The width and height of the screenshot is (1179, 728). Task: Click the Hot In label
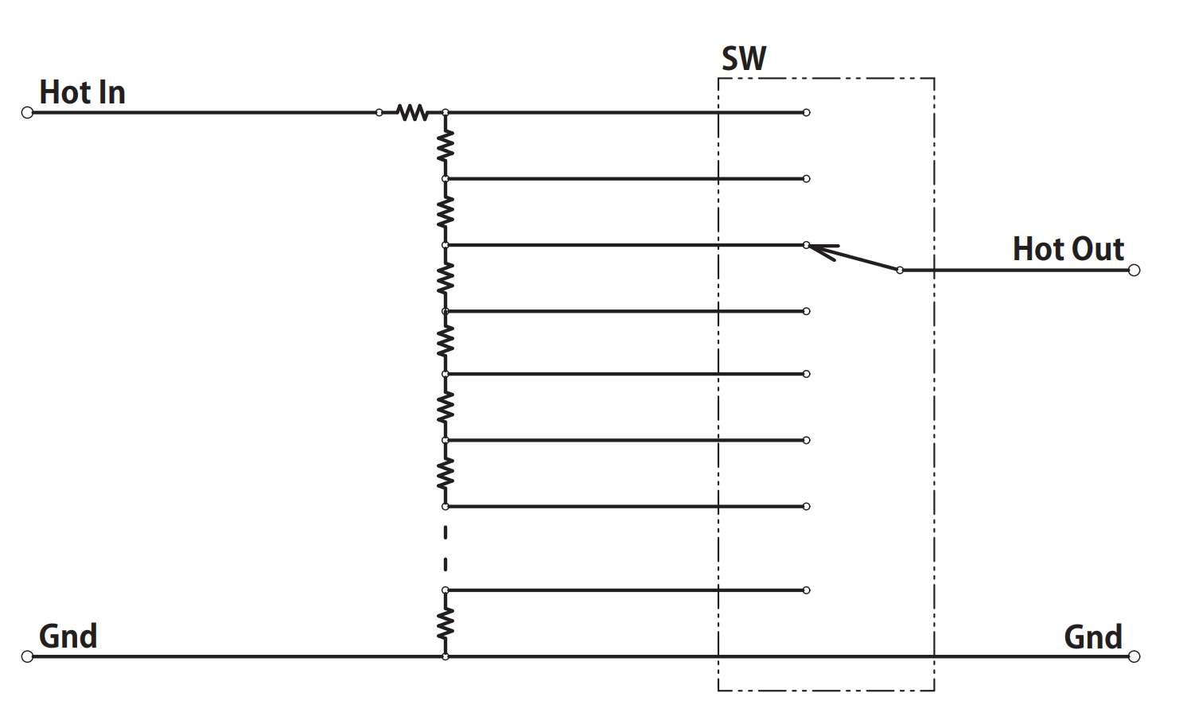point(82,92)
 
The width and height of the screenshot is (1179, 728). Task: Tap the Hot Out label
point(1068,249)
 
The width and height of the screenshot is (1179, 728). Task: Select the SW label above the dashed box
point(744,59)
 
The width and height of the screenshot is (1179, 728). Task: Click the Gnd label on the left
point(68,637)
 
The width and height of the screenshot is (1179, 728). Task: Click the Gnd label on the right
point(1093,637)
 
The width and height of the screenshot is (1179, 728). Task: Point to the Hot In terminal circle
point(27,112)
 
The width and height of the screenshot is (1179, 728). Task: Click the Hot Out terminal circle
point(1134,270)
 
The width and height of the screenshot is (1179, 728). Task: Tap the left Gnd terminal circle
point(27,656)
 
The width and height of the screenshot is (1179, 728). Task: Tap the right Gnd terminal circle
point(1134,656)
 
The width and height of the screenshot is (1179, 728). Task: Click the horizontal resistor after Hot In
point(412,112)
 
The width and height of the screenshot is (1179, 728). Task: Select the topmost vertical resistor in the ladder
point(446,146)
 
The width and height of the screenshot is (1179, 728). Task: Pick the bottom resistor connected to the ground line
point(446,624)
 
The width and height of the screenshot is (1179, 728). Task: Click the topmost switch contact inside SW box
point(806,112)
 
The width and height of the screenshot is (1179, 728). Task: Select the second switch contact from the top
point(806,179)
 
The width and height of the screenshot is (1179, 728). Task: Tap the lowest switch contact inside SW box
point(806,590)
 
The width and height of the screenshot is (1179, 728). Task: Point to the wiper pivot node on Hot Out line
point(900,270)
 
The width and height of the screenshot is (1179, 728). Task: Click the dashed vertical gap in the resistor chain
point(446,548)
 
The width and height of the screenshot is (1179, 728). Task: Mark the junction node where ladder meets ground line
point(446,656)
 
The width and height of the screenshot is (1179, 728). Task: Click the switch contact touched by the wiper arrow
point(806,245)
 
